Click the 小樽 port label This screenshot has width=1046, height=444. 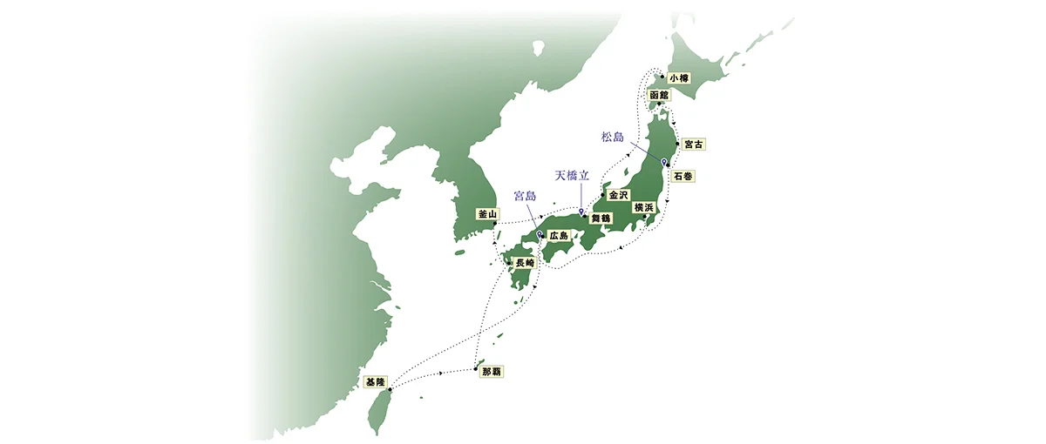[x=679, y=77]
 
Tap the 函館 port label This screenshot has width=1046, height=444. [x=659, y=94]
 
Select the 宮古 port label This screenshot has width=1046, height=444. [x=694, y=143]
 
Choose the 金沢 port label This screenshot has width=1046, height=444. [x=618, y=194]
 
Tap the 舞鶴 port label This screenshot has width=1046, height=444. [x=601, y=219]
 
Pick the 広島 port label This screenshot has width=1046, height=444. [x=559, y=236]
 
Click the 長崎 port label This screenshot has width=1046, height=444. [x=525, y=262]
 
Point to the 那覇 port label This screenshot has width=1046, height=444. [x=492, y=372]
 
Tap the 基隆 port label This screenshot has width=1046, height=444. [x=375, y=380]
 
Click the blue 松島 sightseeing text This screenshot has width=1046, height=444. [x=614, y=137]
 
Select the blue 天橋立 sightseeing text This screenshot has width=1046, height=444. [x=572, y=175]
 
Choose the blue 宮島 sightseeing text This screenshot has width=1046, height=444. [x=526, y=196]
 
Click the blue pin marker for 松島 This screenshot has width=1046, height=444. [x=664, y=162]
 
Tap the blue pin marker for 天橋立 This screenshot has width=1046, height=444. [x=581, y=212]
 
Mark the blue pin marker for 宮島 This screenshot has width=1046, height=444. [x=540, y=234]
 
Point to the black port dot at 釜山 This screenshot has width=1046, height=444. [x=495, y=224]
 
